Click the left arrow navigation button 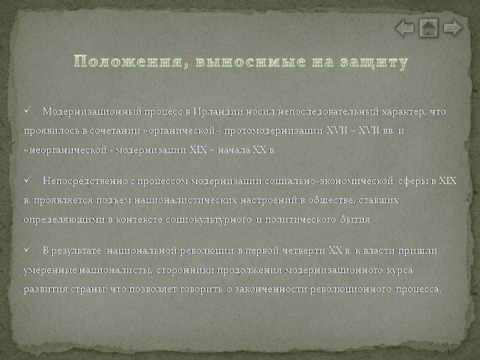point(404,28)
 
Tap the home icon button point(428,28)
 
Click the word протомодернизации point(273,131)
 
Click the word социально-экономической point(329,181)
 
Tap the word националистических point(185,200)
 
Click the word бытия point(356,220)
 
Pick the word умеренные point(50,270)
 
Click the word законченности point(271,289)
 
